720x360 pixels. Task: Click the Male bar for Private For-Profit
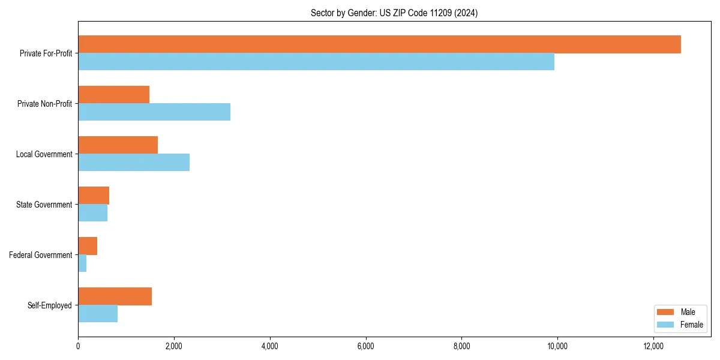[379, 44]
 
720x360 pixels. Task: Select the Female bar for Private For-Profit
[316, 62]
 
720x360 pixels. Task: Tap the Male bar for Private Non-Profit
[113, 95]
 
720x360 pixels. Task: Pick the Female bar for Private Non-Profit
[154, 112]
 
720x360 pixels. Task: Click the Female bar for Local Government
[134, 163]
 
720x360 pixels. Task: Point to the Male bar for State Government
[94, 196]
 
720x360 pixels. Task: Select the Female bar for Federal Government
[82, 263]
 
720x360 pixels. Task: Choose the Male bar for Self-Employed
[115, 296]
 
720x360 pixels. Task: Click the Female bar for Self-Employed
[98, 314]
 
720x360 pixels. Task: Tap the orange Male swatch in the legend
[666, 312]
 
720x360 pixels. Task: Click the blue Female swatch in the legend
[666, 325]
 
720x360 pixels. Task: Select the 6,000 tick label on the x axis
[365, 346]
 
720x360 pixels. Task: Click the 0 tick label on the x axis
[78, 346]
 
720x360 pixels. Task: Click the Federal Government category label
[41, 255]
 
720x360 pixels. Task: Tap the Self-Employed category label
[50, 305]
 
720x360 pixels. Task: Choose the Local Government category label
[44, 154]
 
